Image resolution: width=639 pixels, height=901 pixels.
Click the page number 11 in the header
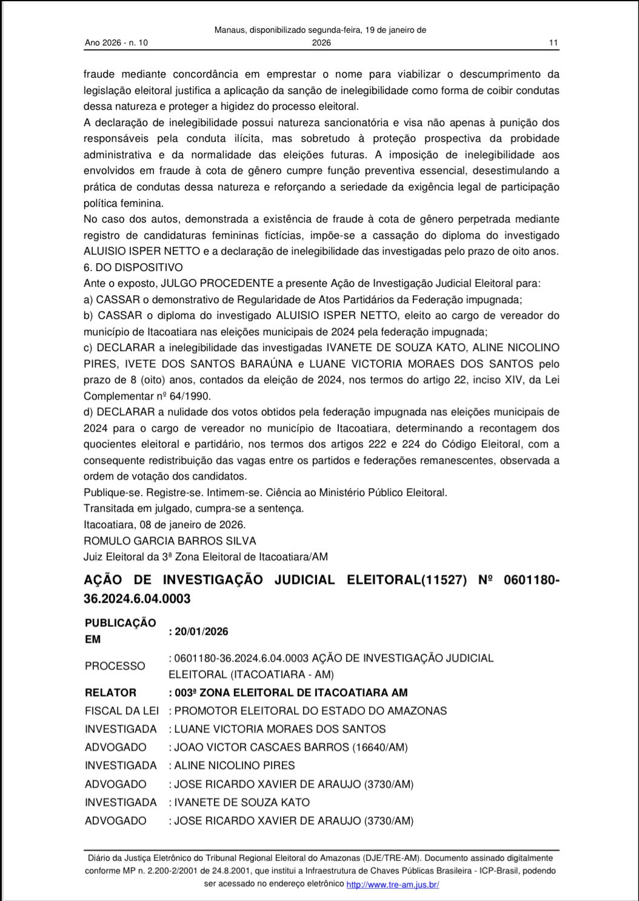click(552, 43)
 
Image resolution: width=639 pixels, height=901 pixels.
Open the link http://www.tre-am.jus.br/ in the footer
click(392, 885)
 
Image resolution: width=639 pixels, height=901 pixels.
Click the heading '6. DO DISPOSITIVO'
click(133, 267)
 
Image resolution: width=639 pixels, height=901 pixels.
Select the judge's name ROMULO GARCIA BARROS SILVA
click(170, 541)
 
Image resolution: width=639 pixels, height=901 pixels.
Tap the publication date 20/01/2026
click(201, 631)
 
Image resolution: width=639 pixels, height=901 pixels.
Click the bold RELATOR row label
click(110, 692)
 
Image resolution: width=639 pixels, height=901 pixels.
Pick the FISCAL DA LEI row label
click(121, 711)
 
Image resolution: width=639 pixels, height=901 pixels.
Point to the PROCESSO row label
click(115, 666)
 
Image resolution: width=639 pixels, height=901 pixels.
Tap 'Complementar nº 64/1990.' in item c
click(147, 396)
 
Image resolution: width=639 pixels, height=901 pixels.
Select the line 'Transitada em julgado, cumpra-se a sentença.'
click(194, 508)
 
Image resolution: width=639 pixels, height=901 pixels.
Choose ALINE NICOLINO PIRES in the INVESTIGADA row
click(234, 765)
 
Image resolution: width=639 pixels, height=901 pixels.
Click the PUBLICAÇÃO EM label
click(120, 631)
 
